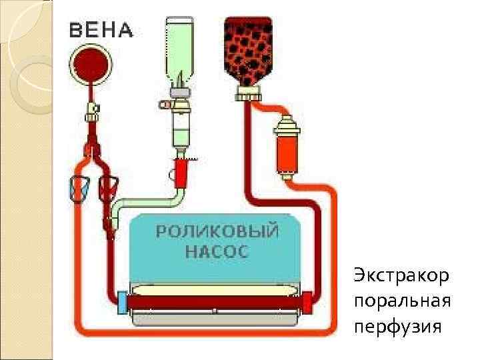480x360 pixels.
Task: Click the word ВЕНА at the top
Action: pyautogui.click(x=101, y=30)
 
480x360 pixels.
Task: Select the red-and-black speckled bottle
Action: pyautogui.click(x=248, y=47)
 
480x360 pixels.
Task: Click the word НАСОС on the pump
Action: pyautogui.click(x=216, y=252)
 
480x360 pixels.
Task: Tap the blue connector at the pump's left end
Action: pyautogui.click(x=122, y=301)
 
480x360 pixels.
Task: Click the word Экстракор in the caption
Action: pyautogui.click(x=401, y=275)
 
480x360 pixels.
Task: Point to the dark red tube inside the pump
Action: pyautogui.click(x=213, y=302)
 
